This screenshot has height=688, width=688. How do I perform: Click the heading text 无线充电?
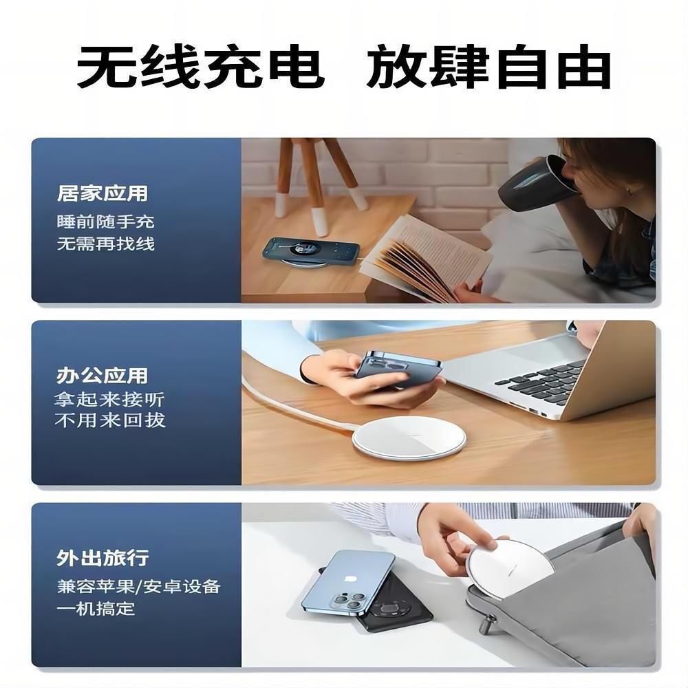[201, 67]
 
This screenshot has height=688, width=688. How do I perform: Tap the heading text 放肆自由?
[488, 67]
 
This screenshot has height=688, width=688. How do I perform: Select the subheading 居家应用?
[103, 193]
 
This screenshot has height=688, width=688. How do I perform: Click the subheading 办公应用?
[103, 376]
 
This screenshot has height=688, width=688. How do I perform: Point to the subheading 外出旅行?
[103, 558]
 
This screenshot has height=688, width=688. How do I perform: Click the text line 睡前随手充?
[106, 222]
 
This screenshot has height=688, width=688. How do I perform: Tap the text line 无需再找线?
[106, 244]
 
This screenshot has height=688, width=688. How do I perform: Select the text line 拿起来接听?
[109, 399]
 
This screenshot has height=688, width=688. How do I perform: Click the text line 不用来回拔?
[110, 420]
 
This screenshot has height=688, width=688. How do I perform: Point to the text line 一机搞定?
[96, 609]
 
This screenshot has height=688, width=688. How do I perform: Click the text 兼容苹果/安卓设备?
[138, 586]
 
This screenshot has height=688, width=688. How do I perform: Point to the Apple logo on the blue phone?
[351, 579]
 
